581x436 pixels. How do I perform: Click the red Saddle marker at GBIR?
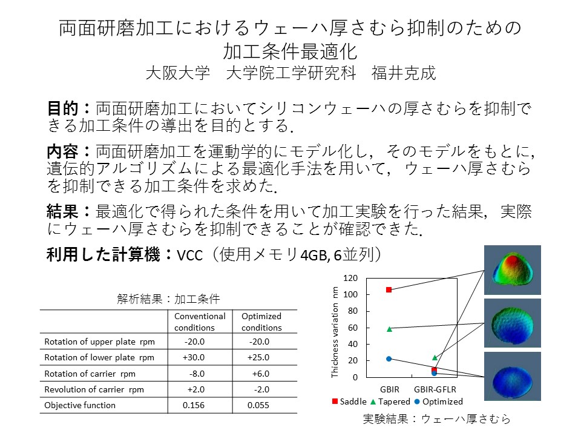coord(389,289)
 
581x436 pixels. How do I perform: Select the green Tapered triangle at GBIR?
coord(389,329)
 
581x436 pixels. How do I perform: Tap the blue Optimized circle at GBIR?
coord(389,359)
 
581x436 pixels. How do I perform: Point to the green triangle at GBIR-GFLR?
coord(435,358)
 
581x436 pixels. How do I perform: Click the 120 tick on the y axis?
coord(350,278)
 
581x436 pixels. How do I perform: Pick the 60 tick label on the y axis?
coord(353,328)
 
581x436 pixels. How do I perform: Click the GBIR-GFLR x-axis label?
coord(435,389)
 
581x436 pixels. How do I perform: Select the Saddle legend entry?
coord(349,401)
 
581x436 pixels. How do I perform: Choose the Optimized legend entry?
coord(439,401)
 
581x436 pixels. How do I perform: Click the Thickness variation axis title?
coord(335,332)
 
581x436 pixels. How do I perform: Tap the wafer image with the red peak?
coord(513,270)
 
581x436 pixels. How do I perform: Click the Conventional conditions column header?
coord(200,322)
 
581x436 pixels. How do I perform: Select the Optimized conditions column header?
coord(261,322)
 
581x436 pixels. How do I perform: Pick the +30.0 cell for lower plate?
coord(194,357)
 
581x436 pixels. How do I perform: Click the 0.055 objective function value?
coord(258,405)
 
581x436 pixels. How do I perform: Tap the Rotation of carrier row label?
coord(90,374)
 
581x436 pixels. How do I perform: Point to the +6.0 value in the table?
coord(261,374)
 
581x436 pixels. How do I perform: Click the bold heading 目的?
coord(62,108)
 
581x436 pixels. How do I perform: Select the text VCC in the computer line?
coord(189,256)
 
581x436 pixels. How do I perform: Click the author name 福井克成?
coord(404,73)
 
